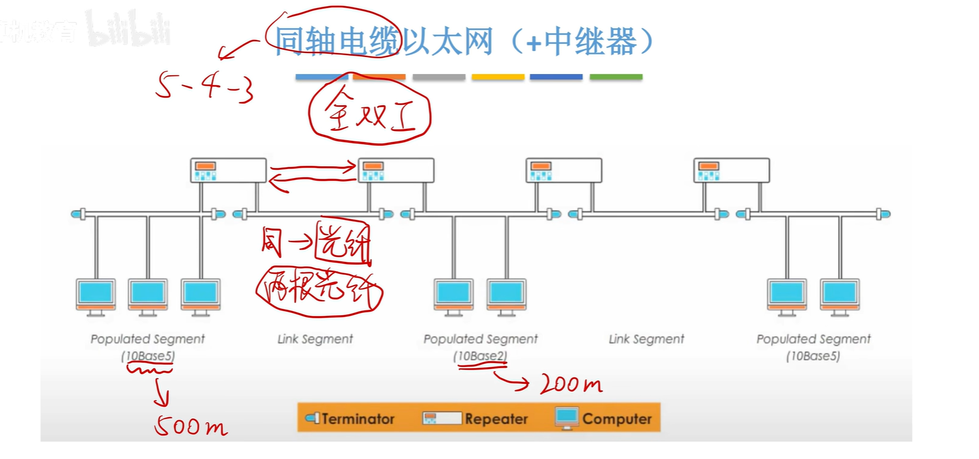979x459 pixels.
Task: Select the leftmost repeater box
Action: pyautogui.click(x=229, y=170)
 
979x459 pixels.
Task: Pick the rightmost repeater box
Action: pyautogui.click(x=731, y=170)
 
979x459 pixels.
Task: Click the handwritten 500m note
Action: pyautogui.click(x=191, y=427)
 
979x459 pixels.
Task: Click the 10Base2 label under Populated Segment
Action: pyautogui.click(x=481, y=356)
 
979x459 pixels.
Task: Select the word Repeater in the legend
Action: pyautogui.click(x=496, y=419)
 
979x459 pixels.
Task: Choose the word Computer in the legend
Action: pyautogui.click(x=617, y=419)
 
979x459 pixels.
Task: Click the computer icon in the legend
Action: pyautogui.click(x=567, y=418)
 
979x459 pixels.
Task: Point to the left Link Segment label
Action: pyautogui.click(x=315, y=339)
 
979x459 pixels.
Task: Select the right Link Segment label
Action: pyautogui.click(x=646, y=339)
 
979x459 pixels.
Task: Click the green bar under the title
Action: pyautogui.click(x=616, y=77)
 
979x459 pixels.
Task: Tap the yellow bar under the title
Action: pyautogui.click(x=498, y=77)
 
